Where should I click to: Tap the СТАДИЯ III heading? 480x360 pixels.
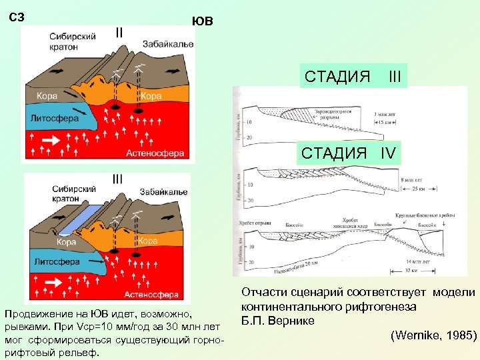[x=353, y=77]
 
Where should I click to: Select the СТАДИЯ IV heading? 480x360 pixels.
[x=349, y=153]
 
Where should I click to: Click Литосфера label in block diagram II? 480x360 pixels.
[x=54, y=119]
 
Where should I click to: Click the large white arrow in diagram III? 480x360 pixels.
[x=51, y=269]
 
